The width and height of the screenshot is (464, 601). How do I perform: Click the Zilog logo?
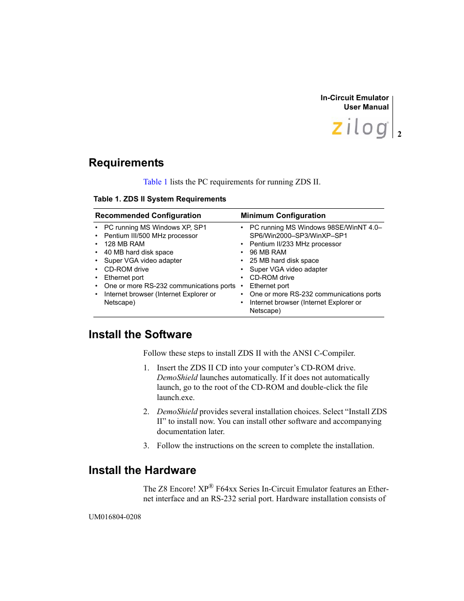pyautogui.click(x=360, y=128)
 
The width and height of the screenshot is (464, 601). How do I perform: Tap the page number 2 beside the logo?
pyautogui.click(x=399, y=134)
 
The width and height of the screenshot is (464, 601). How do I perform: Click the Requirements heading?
pyautogui.click(x=126, y=163)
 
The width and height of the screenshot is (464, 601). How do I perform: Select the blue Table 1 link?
pyautogui.click(x=155, y=182)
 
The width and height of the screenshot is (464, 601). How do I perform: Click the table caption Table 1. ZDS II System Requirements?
pyautogui.click(x=160, y=199)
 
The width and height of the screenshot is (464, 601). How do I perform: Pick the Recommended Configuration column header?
pyautogui.click(x=148, y=216)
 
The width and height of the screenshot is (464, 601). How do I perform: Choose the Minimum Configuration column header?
pyautogui.click(x=283, y=216)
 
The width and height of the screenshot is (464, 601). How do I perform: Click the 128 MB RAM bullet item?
pyautogui.click(x=124, y=244)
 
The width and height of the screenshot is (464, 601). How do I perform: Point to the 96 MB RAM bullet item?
pyautogui.click(x=268, y=253)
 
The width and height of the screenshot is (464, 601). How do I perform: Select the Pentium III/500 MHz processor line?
pyautogui.click(x=151, y=236)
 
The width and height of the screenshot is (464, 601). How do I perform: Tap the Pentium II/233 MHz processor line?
pyautogui.click(x=295, y=244)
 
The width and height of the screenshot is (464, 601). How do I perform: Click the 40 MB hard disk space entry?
pyautogui.click(x=139, y=253)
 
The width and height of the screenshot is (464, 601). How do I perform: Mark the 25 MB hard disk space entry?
pyautogui.click(x=284, y=261)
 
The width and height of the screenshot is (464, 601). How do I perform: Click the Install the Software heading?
pyautogui.click(x=140, y=335)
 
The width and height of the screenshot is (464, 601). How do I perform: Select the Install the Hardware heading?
pyautogui.click(x=142, y=471)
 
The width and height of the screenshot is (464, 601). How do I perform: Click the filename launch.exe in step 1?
pyautogui.click(x=175, y=398)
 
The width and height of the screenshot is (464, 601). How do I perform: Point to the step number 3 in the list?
pyautogui.click(x=146, y=446)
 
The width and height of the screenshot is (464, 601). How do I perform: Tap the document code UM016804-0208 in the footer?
pyautogui.click(x=115, y=517)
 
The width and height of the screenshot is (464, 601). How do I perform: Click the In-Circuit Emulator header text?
pyautogui.click(x=354, y=98)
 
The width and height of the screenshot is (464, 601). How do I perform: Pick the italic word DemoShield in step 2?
pyautogui.click(x=177, y=412)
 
